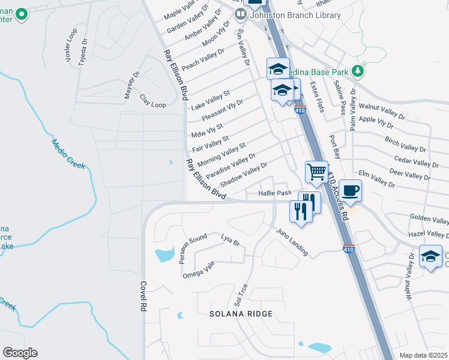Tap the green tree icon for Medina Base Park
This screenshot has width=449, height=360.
(x=358, y=71)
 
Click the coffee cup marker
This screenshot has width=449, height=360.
(x=351, y=190)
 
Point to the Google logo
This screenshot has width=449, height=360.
(x=20, y=353)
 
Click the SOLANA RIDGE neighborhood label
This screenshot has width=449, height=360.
(x=241, y=314)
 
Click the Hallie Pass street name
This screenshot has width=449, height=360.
(x=274, y=193)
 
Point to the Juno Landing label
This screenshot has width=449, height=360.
(x=292, y=242)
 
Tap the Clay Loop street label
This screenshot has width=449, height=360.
(x=152, y=101)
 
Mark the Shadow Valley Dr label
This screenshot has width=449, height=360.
(x=243, y=174)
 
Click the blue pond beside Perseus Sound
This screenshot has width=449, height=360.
(x=164, y=255)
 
